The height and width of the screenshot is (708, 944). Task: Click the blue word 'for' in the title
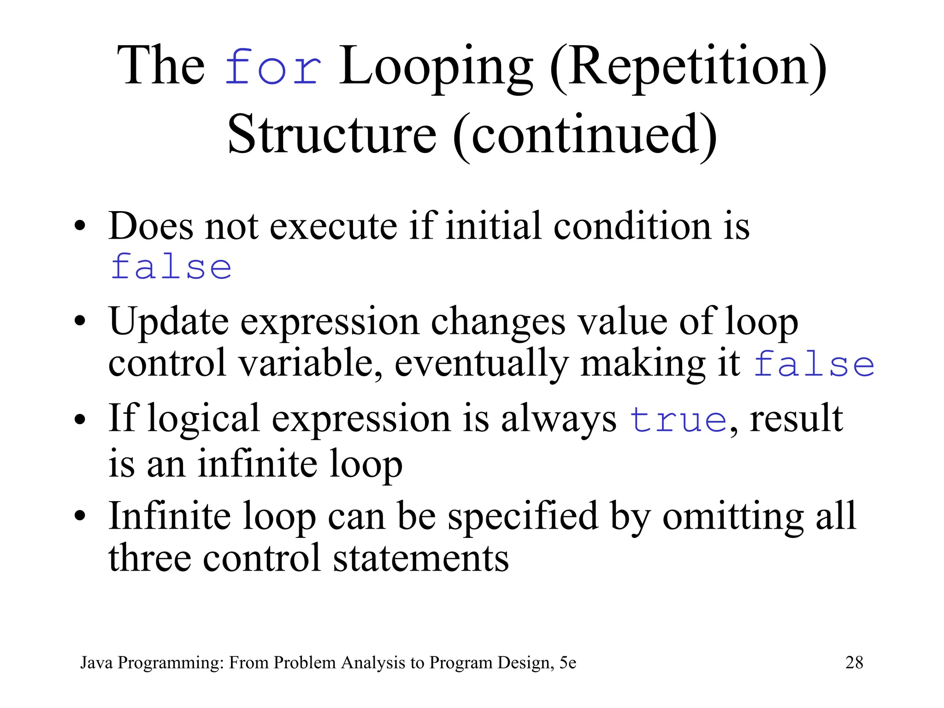coord(273,68)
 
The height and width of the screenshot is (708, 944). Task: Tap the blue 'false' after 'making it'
coord(814,364)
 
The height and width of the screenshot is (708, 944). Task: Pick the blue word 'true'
coord(678,419)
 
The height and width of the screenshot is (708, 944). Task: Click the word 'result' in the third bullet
coord(796,419)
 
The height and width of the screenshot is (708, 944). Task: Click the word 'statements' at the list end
coord(421,558)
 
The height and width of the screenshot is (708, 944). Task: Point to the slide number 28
coord(854,662)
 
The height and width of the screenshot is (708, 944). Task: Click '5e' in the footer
coord(567,662)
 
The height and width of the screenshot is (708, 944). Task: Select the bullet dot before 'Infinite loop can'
coord(80,517)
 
